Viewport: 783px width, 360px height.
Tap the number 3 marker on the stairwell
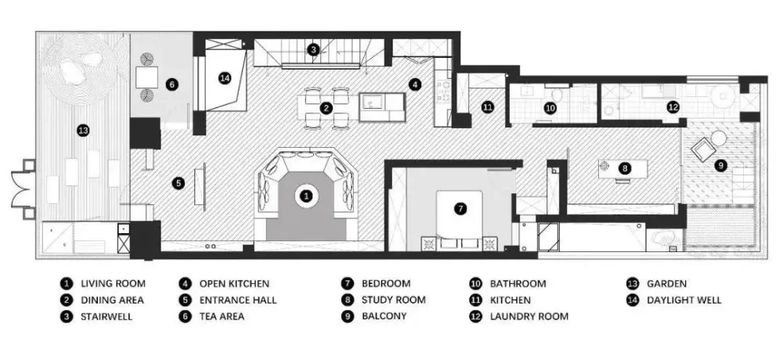(x=313, y=49)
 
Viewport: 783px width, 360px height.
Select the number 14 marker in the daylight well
(x=225, y=78)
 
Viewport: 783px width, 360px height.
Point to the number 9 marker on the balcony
(x=720, y=165)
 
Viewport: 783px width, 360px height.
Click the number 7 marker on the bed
(x=460, y=209)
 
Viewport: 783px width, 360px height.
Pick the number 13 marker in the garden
(x=84, y=131)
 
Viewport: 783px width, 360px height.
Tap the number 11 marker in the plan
(x=487, y=106)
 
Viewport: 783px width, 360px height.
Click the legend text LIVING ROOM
(x=114, y=283)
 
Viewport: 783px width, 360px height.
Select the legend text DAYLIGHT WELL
(x=684, y=300)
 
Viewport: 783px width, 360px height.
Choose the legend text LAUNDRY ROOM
(x=529, y=316)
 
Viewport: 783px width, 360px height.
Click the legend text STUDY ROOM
(x=394, y=300)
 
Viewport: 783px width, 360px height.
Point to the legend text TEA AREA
(x=222, y=316)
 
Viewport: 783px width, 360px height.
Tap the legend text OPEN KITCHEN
(x=234, y=283)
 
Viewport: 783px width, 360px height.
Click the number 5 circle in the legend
(x=185, y=300)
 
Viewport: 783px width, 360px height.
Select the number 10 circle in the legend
(x=475, y=283)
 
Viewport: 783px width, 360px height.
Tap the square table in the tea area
(x=147, y=77)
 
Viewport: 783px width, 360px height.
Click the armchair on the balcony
(x=702, y=148)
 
